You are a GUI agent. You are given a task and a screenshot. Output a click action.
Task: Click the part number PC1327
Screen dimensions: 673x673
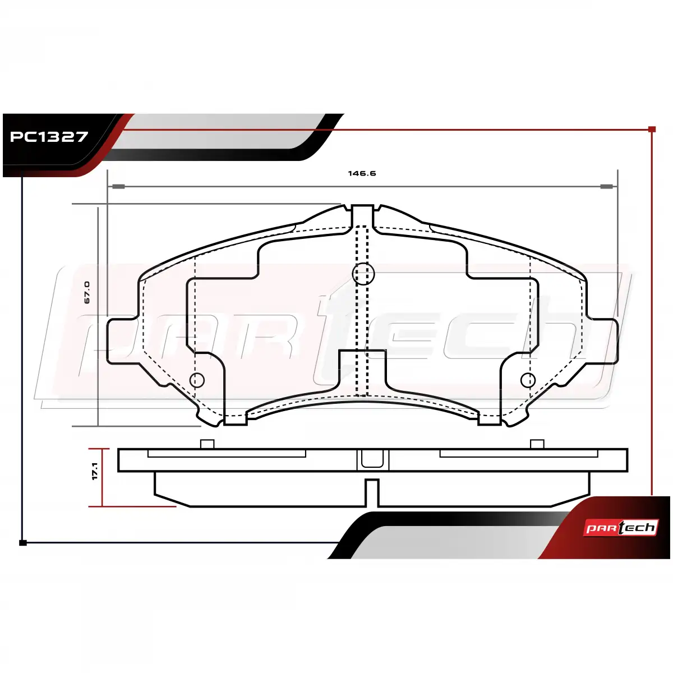pos(49,136)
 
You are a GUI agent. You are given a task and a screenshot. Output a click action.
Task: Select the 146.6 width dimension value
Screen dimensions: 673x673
pos(362,173)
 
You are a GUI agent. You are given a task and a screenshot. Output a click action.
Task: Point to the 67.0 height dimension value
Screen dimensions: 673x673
pos(87,292)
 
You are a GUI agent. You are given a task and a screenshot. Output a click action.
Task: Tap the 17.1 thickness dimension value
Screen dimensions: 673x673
pos(95,471)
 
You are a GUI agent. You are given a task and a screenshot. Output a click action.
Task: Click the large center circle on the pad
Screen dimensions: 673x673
pos(363,274)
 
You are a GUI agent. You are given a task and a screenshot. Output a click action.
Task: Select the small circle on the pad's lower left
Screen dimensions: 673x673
pos(197,380)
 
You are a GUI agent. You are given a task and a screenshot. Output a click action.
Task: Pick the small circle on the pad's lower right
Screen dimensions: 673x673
pos(528,380)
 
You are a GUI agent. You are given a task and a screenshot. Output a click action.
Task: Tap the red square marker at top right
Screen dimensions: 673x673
pos(652,129)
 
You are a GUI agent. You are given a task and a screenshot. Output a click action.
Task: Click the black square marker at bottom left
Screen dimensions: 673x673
pos(22,543)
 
